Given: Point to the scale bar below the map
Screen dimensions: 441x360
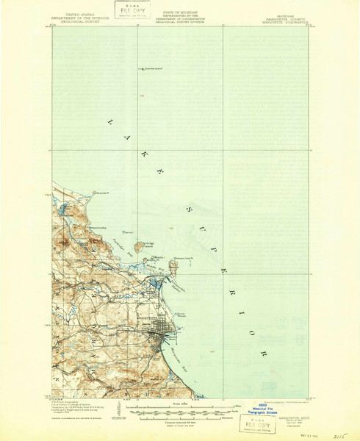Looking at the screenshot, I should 179,411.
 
